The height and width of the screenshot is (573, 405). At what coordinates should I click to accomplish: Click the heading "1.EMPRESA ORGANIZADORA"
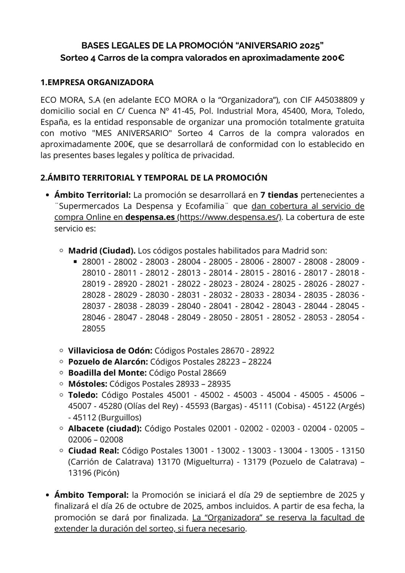[x=97, y=83]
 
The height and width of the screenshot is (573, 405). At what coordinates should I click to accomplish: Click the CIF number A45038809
[x=337, y=100]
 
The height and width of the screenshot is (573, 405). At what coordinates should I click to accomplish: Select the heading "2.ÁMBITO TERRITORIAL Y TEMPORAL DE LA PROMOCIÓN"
[x=154, y=178]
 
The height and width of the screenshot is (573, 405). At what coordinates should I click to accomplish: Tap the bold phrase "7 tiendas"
[x=279, y=195]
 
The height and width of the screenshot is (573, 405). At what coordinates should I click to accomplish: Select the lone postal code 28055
[x=94, y=329]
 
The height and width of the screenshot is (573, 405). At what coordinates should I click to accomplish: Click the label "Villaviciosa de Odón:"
[x=110, y=351]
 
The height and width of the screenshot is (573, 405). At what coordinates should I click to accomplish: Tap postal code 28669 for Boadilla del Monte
[x=213, y=373]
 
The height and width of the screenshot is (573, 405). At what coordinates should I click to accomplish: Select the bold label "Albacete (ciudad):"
[x=105, y=429]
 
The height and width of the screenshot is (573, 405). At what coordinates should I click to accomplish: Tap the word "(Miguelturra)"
[x=208, y=462]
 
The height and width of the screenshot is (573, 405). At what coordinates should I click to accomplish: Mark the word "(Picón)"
[x=107, y=473]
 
